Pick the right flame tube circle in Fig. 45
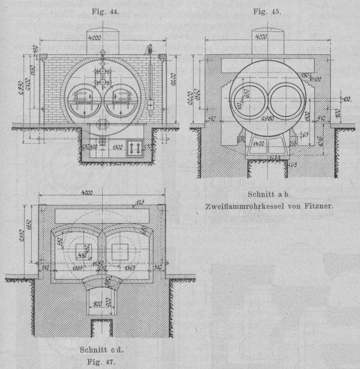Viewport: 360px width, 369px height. pyautogui.click(x=287, y=101)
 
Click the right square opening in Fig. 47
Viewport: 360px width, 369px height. pyautogui.click(x=120, y=250)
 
